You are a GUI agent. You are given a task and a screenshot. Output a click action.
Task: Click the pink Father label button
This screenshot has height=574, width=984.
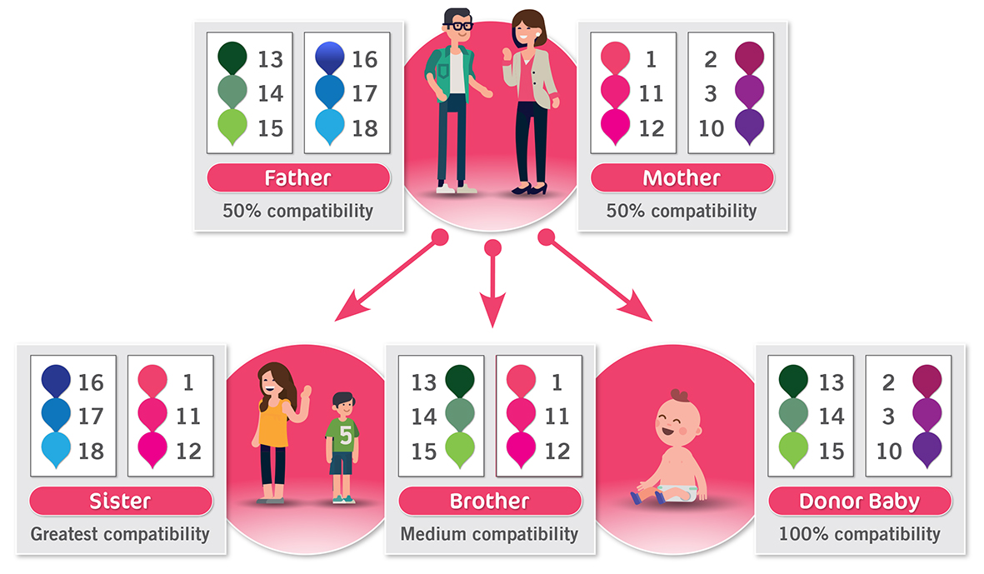297,177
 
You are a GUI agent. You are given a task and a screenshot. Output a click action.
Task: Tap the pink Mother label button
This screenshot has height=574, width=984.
682,177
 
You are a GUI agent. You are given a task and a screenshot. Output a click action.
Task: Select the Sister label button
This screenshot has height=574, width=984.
121,502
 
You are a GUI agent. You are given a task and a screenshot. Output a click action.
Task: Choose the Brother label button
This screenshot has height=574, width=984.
489,502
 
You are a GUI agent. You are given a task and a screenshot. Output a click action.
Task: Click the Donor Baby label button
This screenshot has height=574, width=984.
859,502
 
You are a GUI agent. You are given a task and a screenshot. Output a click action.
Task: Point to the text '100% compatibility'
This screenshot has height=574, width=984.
859,533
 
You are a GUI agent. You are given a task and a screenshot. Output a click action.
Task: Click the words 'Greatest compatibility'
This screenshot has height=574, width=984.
120,533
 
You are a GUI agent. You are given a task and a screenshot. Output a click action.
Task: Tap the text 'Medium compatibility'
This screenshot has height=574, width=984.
489,533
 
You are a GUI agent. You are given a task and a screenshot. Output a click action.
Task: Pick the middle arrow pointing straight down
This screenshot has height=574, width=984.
493,308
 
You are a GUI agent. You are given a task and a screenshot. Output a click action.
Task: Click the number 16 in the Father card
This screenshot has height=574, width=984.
364,59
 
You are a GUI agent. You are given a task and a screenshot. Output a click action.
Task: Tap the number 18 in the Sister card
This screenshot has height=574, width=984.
91,451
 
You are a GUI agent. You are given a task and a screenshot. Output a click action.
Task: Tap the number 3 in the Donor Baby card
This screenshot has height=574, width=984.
889,417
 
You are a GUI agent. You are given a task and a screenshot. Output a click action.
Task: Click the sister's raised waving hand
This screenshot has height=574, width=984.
305,392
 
